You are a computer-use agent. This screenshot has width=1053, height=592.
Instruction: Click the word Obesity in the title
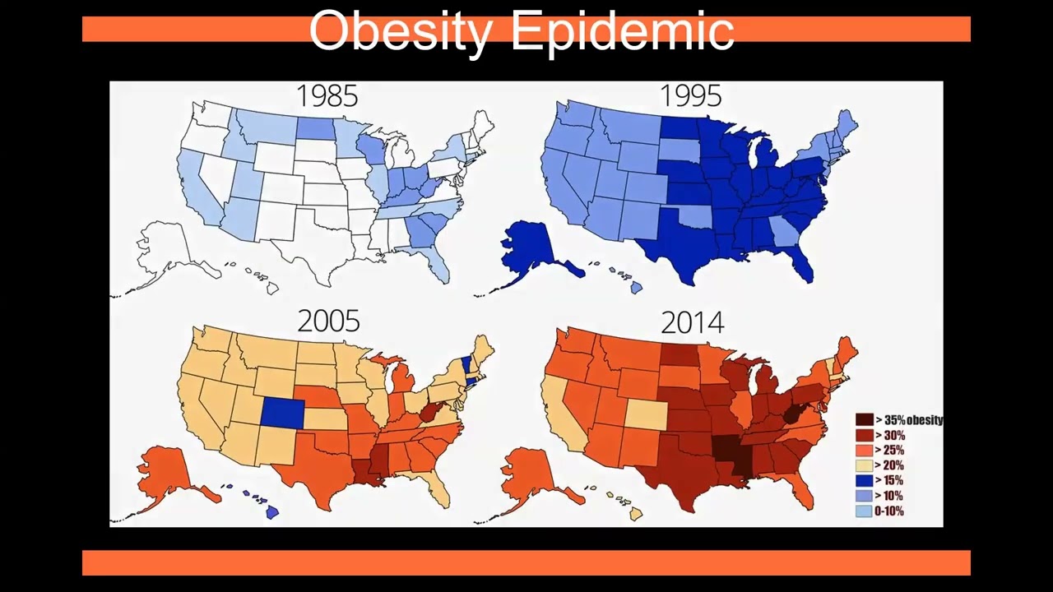point(401,31)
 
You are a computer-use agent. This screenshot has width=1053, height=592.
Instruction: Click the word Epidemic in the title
point(622,31)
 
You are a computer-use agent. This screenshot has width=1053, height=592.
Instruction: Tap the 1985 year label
point(327,96)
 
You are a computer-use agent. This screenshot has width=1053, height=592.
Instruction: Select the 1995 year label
point(691,96)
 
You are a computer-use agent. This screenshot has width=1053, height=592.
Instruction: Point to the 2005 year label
point(328,321)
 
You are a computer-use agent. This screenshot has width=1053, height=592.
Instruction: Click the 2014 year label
point(692,321)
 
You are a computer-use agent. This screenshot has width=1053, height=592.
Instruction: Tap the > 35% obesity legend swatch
point(864,420)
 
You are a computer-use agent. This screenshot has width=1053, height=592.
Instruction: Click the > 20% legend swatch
point(864,465)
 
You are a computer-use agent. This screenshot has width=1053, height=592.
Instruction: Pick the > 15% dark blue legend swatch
point(864,480)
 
